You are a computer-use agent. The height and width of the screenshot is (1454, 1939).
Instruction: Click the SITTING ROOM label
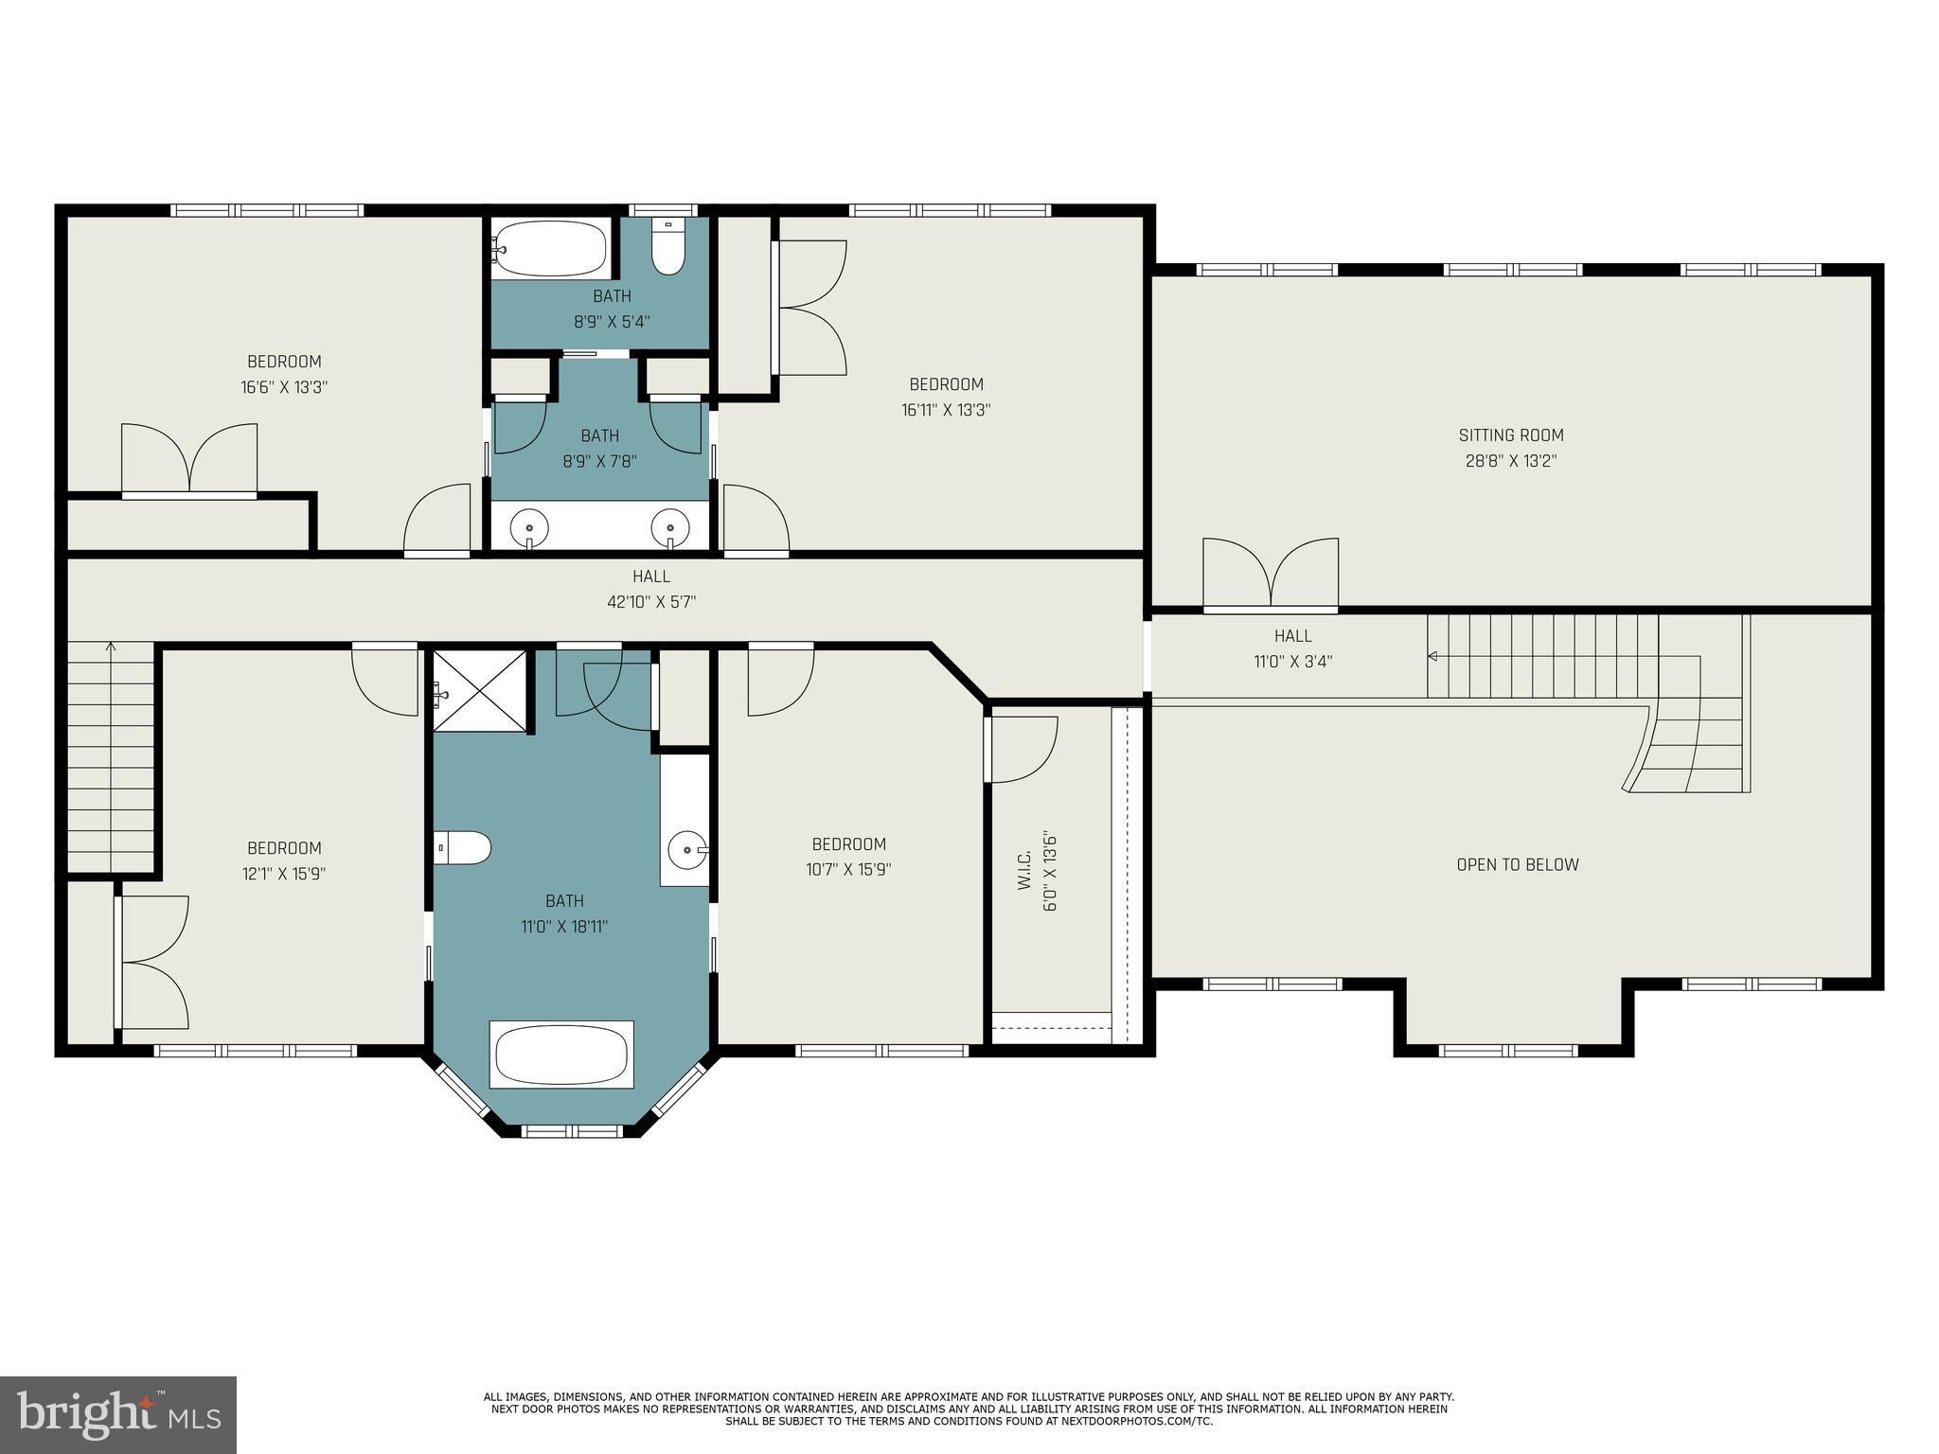coord(1510,435)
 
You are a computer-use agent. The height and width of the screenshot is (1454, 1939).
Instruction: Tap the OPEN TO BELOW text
coord(1517,864)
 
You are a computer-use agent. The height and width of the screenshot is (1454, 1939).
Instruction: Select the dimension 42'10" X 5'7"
coord(651,602)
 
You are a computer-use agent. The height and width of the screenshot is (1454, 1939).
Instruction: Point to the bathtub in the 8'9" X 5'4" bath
coord(549,248)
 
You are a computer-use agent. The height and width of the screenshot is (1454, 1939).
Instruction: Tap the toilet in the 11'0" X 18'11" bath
coord(463,848)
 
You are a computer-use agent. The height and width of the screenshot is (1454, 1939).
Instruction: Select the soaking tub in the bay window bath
coord(560,1055)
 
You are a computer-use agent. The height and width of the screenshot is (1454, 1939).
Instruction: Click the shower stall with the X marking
coord(479,692)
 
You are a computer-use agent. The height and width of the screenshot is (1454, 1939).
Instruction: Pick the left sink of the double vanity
coord(529,527)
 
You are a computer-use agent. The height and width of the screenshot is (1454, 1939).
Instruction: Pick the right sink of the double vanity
coord(669,527)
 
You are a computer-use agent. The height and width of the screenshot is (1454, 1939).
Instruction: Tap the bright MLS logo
coord(117,1414)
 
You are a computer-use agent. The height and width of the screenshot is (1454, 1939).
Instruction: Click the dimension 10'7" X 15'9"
coord(848,870)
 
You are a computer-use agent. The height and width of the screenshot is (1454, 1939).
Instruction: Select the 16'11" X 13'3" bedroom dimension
coord(946,410)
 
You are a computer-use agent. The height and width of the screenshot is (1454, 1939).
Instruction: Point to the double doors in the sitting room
coord(1271,573)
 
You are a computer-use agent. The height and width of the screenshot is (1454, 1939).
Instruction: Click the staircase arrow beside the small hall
coord(1433,656)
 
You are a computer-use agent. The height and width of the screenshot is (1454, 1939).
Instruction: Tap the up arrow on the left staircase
coord(111,648)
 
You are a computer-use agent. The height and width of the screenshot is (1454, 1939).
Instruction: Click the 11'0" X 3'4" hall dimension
coord(1292,662)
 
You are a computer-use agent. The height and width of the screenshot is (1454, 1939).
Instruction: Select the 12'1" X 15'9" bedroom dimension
coord(284,874)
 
